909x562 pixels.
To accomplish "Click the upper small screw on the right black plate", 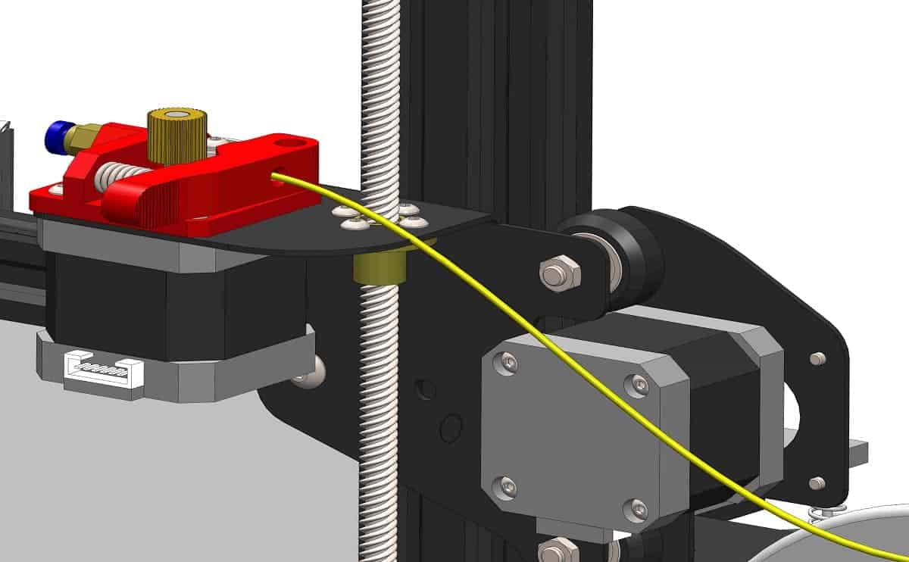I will (x=817, y=358).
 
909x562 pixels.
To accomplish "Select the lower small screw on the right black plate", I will (x=817, y=482).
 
